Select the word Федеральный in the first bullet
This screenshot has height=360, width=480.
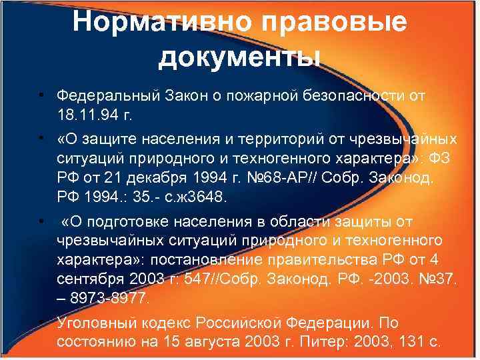coord(107,95)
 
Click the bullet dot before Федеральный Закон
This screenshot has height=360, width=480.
coord(41,95)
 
